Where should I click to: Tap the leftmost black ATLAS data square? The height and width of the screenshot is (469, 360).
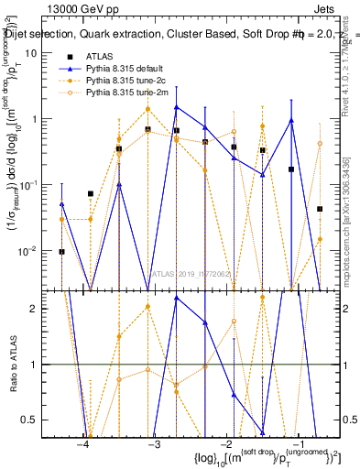pos(61,251)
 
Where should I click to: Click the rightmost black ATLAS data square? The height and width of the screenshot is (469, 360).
pos(320,209)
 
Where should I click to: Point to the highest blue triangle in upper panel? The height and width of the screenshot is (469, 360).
pos(176,107)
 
